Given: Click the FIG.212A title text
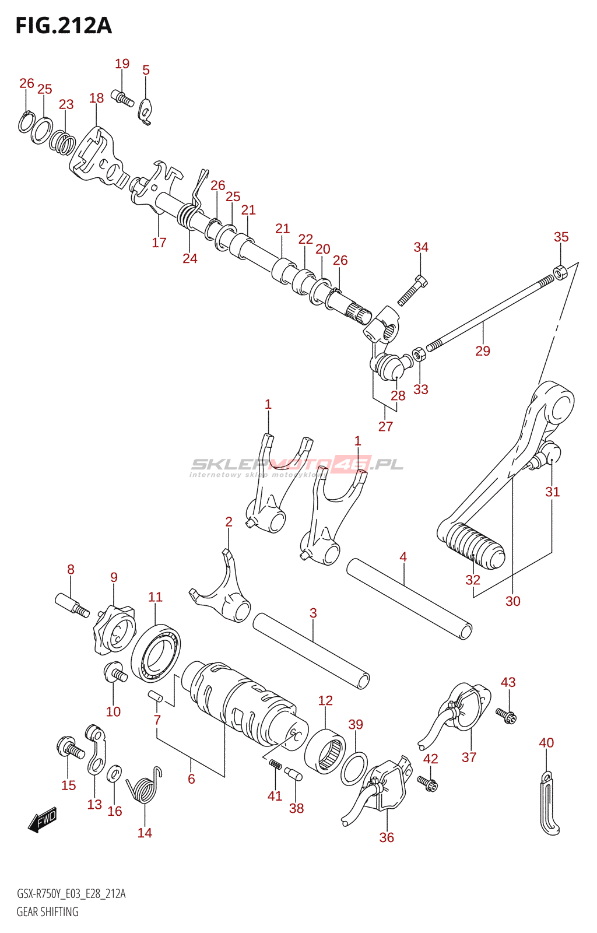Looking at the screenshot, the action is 64,26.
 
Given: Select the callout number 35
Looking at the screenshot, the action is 561,237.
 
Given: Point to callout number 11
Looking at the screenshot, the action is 155,597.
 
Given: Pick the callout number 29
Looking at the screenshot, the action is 483,350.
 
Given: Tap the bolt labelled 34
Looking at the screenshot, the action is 412,292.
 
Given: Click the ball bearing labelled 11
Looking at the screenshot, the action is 156,653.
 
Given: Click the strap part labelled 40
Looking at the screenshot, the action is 549,803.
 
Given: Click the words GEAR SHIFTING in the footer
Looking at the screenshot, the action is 47,920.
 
